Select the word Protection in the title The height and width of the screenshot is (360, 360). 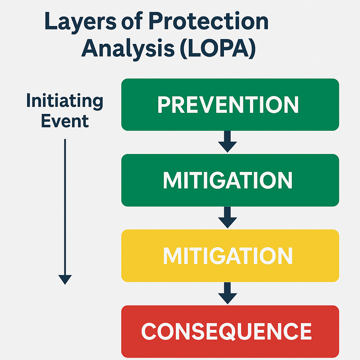[x=209, y=21]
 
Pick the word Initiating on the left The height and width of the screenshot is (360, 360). [x=65, y=101]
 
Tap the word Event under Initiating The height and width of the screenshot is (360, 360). [x=65, y=121]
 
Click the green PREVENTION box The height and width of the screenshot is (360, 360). [x=230, y=104]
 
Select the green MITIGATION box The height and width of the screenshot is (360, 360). [x=230, y=180]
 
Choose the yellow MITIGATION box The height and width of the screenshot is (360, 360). [x=230, y=256]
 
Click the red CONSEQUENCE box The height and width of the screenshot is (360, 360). [x=230, y=331]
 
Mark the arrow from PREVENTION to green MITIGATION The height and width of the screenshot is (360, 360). [x=227, y=142]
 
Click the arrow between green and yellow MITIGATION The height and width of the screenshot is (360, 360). [x=227, y=217]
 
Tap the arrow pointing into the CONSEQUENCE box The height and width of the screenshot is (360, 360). [x=227, y=293]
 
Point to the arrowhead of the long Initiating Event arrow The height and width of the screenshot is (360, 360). [x=65, y=279]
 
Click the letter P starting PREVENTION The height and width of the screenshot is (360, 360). [x=164, y=104]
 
